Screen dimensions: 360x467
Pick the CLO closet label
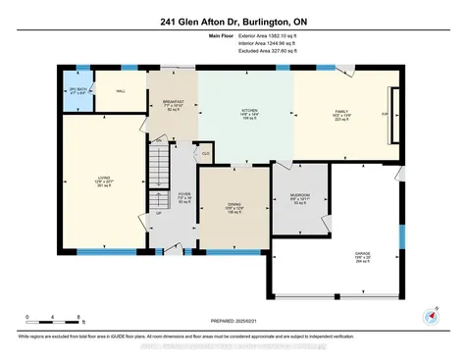(x=206, y=155)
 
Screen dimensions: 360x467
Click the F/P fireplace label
(x=384, y=113)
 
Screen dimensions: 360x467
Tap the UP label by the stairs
(x=157, y=212)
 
